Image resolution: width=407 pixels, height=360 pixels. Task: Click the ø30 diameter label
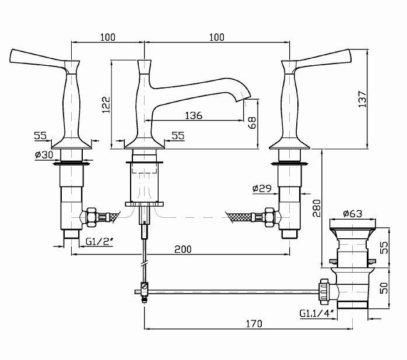44,154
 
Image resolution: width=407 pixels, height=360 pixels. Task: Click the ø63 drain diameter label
352,213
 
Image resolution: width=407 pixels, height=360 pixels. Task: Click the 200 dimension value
183,249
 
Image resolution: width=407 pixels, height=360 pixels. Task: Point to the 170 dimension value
253,323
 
